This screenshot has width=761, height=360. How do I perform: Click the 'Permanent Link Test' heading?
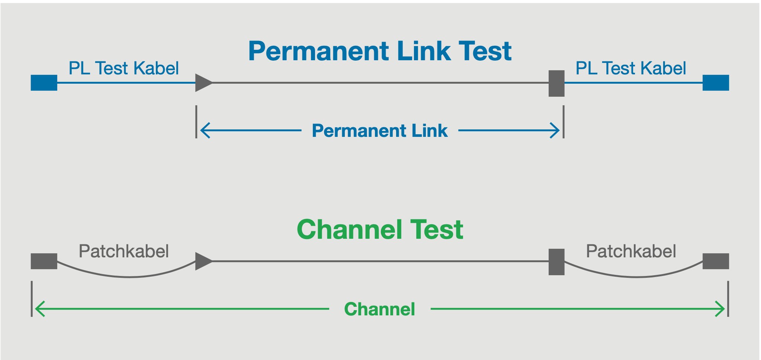(380, 51)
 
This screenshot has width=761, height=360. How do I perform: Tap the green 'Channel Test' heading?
(380, 229)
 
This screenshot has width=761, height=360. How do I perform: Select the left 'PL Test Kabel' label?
(124, 68)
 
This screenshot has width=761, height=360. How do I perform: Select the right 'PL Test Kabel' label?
(631, 68)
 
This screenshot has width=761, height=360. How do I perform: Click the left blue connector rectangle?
(44, 83)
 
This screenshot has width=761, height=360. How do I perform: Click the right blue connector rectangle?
(716, 83)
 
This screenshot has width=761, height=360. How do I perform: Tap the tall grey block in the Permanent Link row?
(556, 83)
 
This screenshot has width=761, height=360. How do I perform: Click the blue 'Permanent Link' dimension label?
(380, 131)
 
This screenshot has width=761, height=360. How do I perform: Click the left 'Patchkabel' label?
(124, 251)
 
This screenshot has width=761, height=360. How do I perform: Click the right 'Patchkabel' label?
(631, 251)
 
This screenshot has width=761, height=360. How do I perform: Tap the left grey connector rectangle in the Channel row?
(44, 261)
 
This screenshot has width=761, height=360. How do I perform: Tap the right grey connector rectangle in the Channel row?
(716, 261)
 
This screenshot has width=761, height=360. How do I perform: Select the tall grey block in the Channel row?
(556, 262)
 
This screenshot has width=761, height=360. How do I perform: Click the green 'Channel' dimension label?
(380, 309)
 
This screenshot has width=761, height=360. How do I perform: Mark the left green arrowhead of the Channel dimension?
(39, 309)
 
